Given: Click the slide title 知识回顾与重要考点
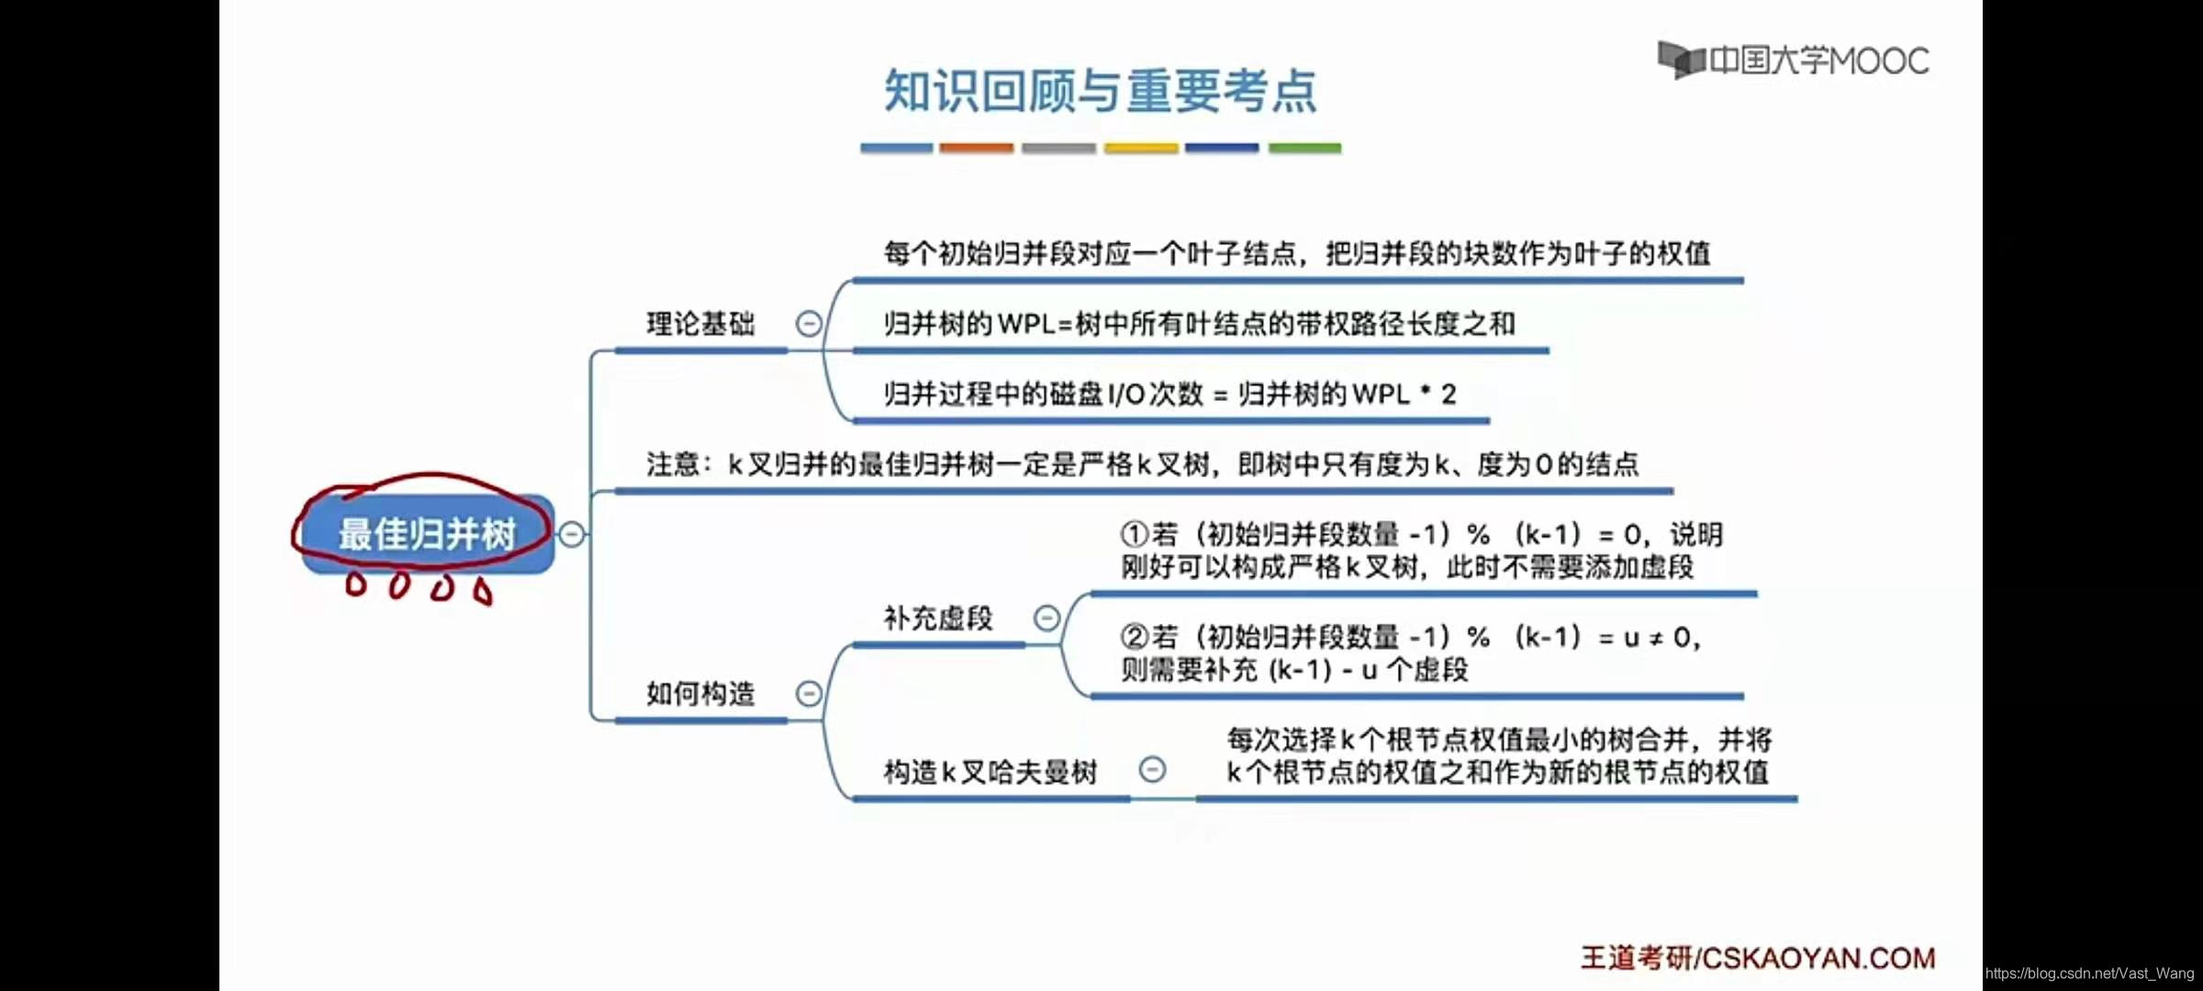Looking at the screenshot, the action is pos(1100,92).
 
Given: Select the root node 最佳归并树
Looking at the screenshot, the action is pos(428,534).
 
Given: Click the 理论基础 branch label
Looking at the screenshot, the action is pos(700,324).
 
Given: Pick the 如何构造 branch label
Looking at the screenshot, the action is pos(700,694).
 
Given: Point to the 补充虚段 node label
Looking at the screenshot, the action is pos(938,618).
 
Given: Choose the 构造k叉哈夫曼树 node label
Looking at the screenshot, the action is pos(990,772).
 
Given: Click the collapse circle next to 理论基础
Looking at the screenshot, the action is pos(809,324).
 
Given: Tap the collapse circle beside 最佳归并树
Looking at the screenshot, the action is pos(572,534).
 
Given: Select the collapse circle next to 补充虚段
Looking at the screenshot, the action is pos(1046,618).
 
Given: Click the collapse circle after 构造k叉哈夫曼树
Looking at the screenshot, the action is pos(1152,770).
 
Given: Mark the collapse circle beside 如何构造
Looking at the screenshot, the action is pos(809,694).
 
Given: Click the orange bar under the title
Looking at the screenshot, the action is pos(977,148).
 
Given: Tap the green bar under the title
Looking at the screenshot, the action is pos(1304,148).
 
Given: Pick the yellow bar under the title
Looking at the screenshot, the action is pos(1141,148).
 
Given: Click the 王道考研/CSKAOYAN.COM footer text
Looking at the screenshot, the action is pos(1757,958).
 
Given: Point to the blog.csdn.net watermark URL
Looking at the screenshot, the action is pos(2089,974).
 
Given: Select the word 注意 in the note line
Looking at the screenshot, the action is pos(673,464).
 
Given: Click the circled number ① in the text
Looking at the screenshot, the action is pos(1135,534).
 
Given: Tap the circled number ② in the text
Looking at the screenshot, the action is pos(1135,637).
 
